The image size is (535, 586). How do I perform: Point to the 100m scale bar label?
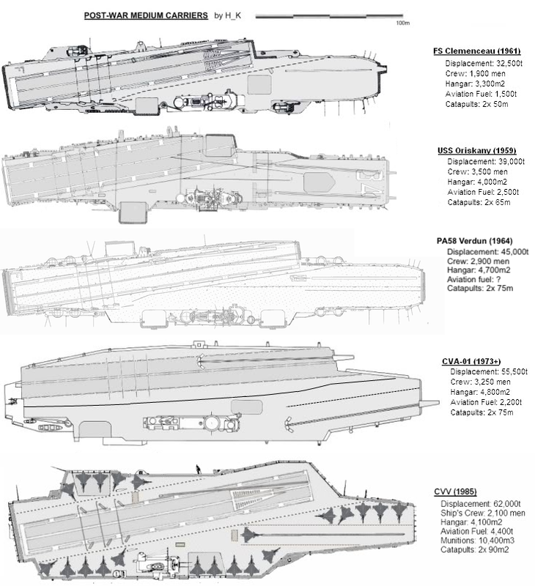coord(402,23)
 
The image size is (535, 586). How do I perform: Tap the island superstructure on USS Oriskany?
coord(213,199)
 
